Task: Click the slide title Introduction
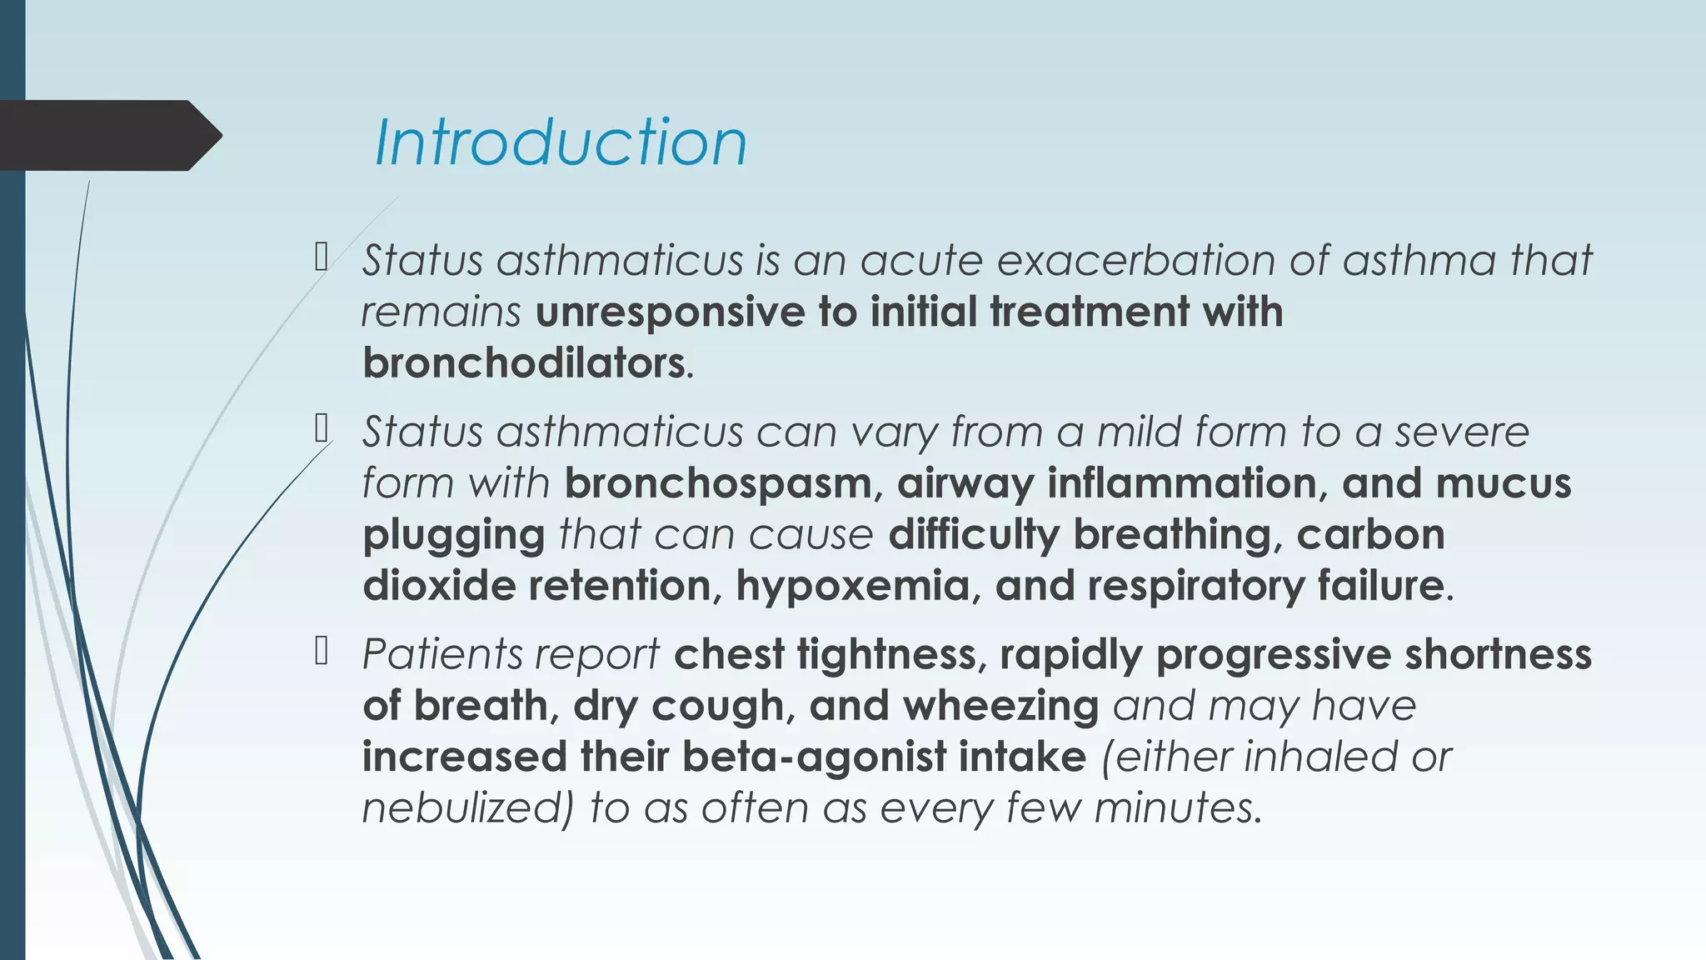561,142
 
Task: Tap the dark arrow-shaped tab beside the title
108,135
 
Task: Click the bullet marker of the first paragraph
322,257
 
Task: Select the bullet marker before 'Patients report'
322,652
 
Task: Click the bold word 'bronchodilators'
524,363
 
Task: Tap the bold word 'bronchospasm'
717,483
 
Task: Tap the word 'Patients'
432,654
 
